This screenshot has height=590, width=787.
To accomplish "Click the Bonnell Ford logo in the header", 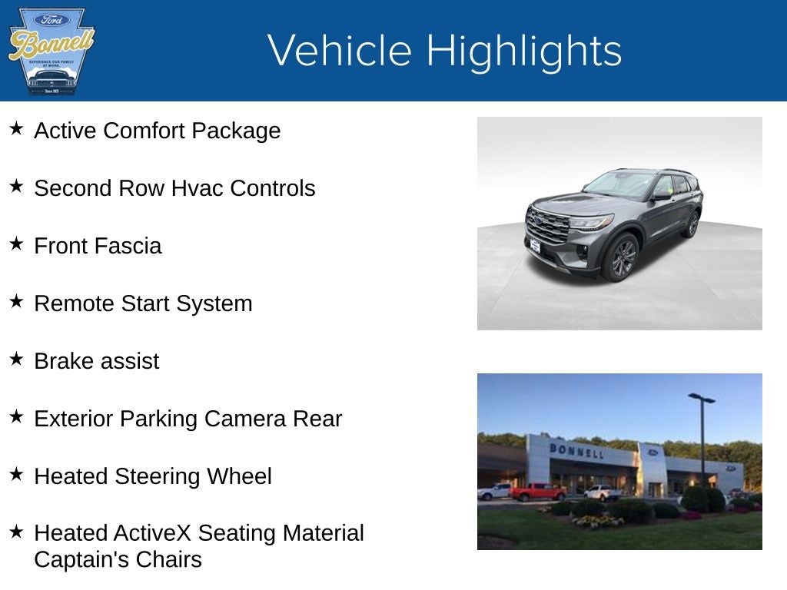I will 51,51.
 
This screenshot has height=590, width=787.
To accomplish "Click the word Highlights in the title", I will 523,51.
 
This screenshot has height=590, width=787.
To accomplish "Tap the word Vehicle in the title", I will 340,51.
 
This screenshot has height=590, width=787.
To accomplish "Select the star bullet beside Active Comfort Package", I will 16,129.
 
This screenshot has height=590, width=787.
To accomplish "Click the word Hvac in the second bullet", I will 198,188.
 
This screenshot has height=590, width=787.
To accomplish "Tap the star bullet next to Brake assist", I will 16,360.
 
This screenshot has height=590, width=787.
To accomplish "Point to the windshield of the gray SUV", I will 619,184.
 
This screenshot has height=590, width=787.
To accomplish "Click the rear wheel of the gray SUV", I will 692,224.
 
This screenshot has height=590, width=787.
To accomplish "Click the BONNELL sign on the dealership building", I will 576,450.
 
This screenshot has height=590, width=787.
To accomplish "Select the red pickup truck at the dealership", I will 537,492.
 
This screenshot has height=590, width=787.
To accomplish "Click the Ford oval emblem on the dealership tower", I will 653,452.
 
